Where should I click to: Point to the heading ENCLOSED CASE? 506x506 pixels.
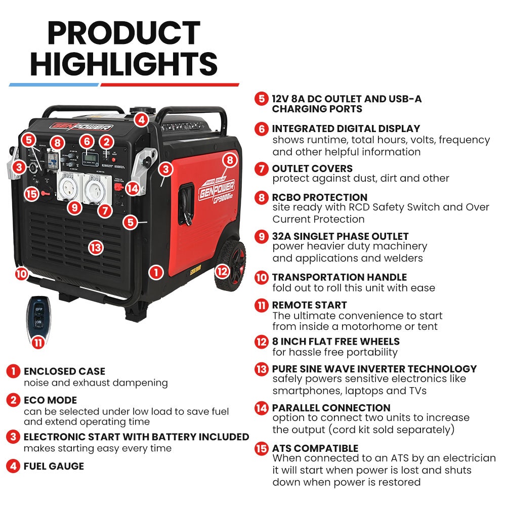point(64,371)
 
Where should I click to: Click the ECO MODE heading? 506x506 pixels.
point(50,400)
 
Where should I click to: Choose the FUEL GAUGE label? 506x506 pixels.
point(54,466)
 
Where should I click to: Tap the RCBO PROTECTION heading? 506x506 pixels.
point(319,197)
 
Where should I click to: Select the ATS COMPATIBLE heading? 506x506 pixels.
point(315,448)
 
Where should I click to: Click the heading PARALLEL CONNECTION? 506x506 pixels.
point(331,408)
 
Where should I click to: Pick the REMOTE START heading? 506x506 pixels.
point(309,305)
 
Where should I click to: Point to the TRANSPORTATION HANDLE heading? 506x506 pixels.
point(339,277)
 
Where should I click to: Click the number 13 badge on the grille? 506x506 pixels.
point(96,247)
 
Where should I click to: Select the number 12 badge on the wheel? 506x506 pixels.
point(222,271)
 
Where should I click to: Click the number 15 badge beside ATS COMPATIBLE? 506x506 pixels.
point(262,449)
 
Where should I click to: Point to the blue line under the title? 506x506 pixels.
point(54,85)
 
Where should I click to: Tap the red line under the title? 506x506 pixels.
point(170,85)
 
